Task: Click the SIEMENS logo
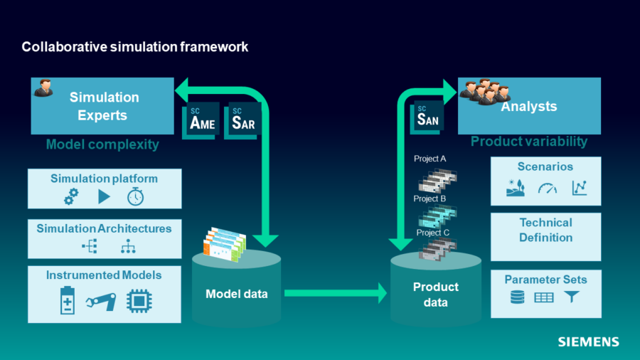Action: [588, 342]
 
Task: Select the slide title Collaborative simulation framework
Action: [135, 47]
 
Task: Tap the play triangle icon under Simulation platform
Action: [104, 197]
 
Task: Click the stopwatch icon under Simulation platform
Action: [135, 197]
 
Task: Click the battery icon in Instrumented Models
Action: [67, 302]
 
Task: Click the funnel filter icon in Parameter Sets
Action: [572, 297]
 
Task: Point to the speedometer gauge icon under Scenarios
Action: [546, 189]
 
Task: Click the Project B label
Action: [430, 198]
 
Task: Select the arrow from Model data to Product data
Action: [334, 292]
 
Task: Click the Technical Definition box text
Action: [545, 230]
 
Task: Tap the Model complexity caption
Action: [102, 145]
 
